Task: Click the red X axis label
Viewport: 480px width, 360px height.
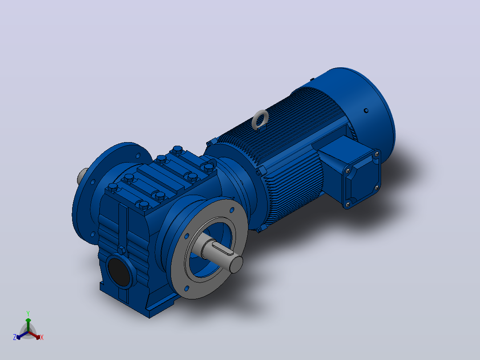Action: coord(42,337)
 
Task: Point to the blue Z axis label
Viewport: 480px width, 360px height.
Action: coord(14,337)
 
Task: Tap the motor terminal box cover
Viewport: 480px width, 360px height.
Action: coord(363,179)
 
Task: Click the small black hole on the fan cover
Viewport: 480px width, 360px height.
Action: coord(366,110)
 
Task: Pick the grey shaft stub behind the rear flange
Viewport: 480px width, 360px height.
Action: coord(81,176)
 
